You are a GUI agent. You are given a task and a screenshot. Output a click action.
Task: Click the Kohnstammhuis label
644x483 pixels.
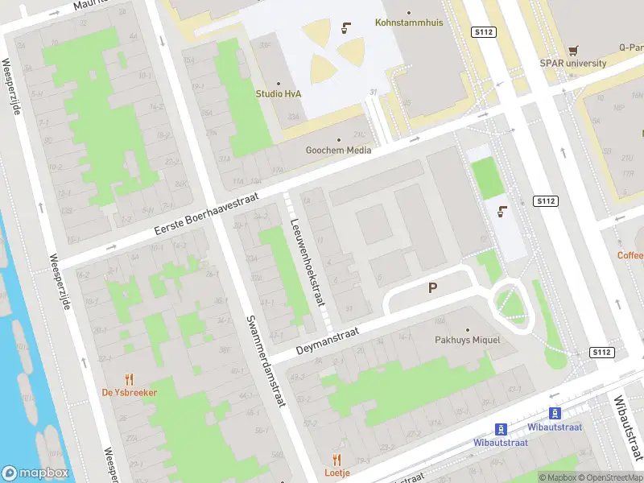(409, 23)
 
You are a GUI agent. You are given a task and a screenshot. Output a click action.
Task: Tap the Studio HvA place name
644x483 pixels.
(279, 93)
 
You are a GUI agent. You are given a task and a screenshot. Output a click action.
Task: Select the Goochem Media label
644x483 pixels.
(338, 150)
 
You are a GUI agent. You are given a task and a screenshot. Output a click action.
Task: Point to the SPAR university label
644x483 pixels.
(573, 63)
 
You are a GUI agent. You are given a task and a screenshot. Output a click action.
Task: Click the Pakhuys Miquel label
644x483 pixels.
(467, 340)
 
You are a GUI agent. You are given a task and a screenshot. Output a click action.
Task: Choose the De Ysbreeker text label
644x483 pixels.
(129, 392)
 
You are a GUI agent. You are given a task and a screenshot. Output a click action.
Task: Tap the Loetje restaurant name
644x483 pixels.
(336, 473)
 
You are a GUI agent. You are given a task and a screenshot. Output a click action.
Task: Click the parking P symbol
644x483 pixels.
(433, 287)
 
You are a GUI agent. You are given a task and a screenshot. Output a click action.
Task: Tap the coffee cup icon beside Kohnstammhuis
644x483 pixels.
(345, 28)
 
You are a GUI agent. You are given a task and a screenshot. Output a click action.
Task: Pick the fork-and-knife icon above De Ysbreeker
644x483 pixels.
(129, 378)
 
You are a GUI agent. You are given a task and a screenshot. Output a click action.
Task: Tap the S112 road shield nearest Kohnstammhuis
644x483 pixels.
(483, 31)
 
